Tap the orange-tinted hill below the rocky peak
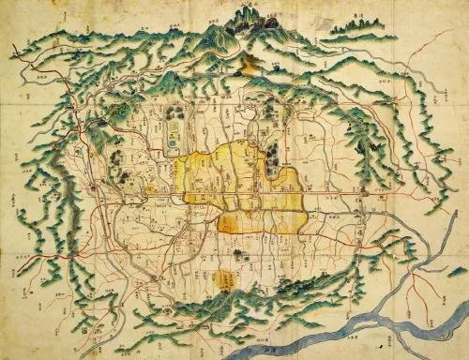click(250, 63)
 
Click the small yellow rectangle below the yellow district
click(225, 278)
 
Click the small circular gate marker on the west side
click(97, 190)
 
